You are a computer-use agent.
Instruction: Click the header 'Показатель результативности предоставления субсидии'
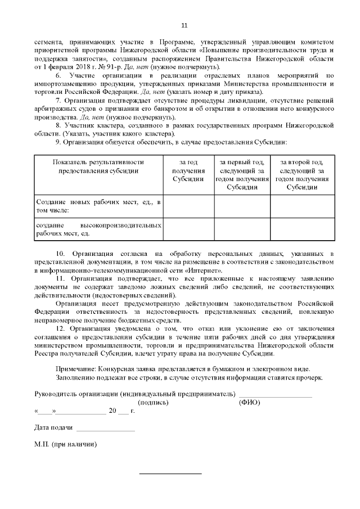[98, 166]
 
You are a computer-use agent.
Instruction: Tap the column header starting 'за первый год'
[242, 174]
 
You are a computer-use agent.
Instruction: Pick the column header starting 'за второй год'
[301, 174]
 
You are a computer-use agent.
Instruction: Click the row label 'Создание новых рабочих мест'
[98, 205]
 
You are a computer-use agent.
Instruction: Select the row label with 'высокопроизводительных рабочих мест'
[98, 228]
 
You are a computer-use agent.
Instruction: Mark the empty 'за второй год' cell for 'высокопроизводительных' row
[301, 229]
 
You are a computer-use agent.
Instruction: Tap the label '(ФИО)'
[249, 402]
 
